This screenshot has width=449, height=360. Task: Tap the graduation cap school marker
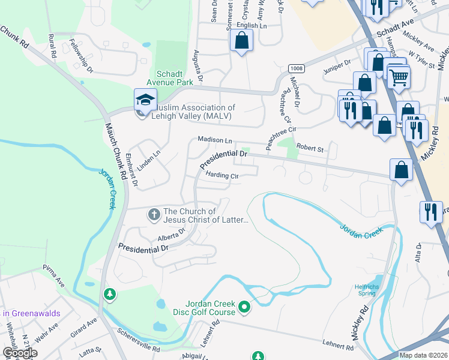146,98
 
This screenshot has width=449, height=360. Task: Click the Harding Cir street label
222,176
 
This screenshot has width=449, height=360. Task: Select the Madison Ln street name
215,140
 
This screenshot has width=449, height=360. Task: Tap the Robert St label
310,148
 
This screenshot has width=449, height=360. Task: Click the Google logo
20,353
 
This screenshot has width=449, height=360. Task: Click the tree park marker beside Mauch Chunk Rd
109,294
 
